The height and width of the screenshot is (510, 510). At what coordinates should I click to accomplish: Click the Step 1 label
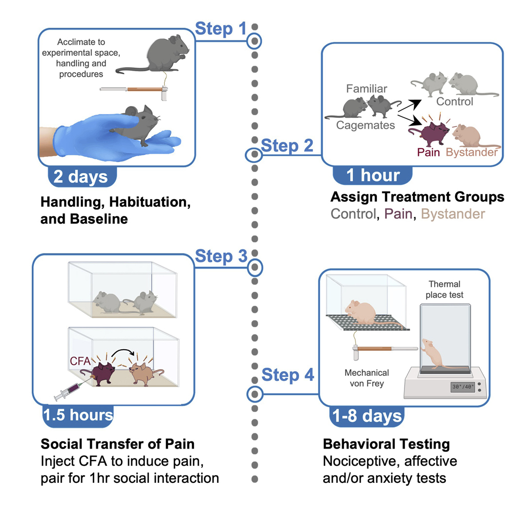(221, 29)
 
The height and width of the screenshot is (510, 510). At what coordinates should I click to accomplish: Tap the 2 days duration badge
(81, 176)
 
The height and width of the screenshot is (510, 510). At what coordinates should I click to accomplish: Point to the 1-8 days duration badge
(367, 416)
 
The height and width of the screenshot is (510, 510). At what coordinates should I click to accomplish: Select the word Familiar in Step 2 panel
(367, 89)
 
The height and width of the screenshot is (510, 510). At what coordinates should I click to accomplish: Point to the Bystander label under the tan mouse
(471, 153)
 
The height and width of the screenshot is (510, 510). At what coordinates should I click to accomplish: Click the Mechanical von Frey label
(367, 378)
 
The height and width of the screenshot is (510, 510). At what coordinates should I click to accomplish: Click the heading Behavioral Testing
(386, 443)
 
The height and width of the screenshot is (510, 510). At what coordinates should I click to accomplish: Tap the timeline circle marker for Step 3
(254, 267)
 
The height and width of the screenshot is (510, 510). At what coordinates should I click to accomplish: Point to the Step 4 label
(287, 375)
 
